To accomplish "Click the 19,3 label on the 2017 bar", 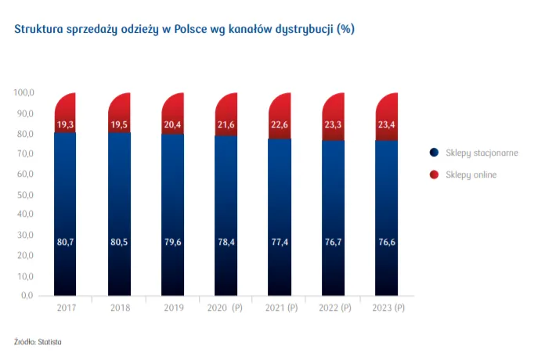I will [x=65, y=125].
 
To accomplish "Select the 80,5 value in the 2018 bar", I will [x=119, y=242].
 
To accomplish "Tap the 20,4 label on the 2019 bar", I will [x=173, y=125].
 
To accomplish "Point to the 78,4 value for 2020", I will [x=226, y=242].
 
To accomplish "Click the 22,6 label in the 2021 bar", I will [x=280, y=125].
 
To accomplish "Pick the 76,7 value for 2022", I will [x=334, y=242].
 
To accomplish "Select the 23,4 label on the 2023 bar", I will [x=387, y=125].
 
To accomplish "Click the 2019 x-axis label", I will [x=173, y=308].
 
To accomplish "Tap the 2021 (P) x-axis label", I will [x=280, y=308].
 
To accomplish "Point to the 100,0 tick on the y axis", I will [x=24, y=93].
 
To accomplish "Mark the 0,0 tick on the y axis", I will [x=28, y=296].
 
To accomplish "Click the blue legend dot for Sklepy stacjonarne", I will [x=434, y=153].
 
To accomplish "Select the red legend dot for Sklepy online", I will [x=434, y=175].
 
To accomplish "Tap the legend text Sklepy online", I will [x=471, y=175].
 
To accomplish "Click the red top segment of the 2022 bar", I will [x=334, y=106].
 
